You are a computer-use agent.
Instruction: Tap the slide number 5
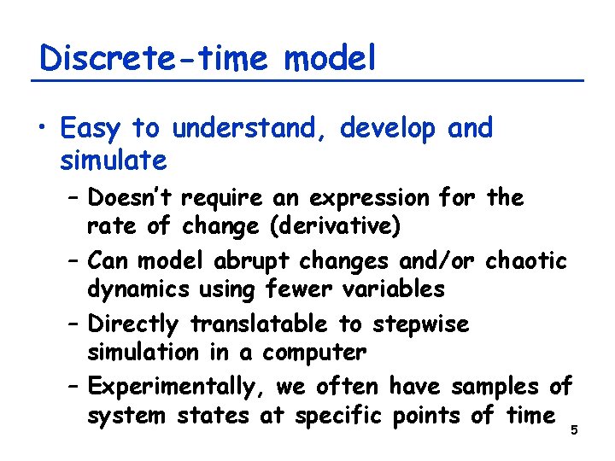[574, 429]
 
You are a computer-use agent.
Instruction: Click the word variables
[390, 290]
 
